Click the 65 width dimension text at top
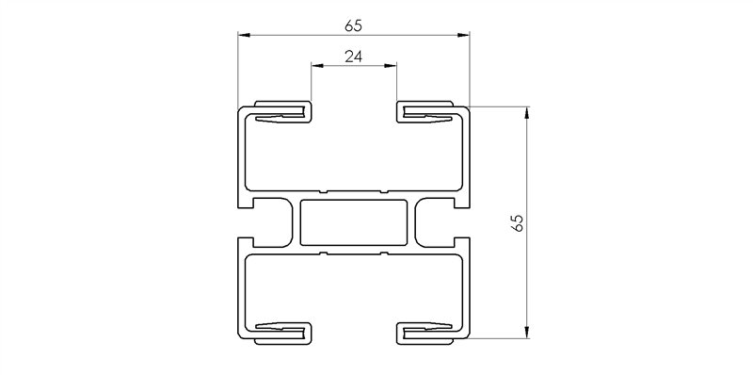pyautogui.click(x=353, y=25)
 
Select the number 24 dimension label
pyautogui.click(x=354, y=57)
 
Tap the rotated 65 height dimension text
pyautogui.click(x=516, y=223)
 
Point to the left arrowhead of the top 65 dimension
pyautogui.click(x=244, y=36)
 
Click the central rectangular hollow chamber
pyautogui.click(x=354, y=222)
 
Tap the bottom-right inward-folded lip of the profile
pyautogui.click(x=428, y=329)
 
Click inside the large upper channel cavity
pyautogui.click(x=354, y=155)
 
